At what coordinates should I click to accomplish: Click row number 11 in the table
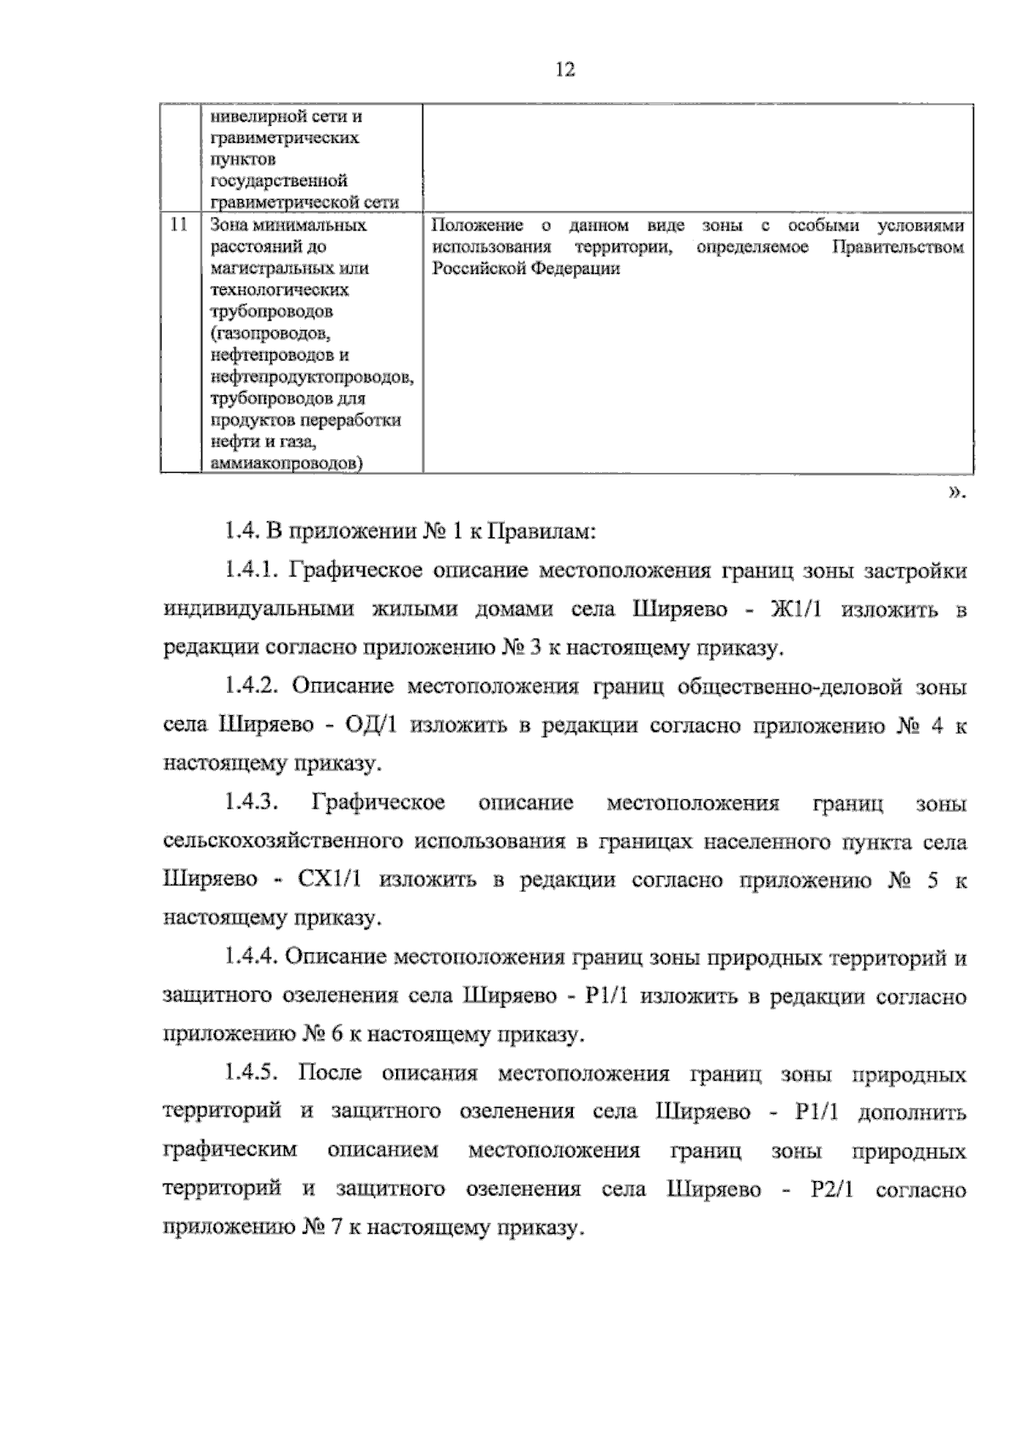(x=178, y=225)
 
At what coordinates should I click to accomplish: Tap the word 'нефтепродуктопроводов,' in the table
(x=312, y=377)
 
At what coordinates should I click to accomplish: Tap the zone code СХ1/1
(x=331, y=880)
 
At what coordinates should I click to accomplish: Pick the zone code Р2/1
(x=831, y=1190)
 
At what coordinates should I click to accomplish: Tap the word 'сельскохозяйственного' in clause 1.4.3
(x=281, y=842)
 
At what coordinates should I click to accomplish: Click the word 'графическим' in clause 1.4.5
(x=230, y=1151)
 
